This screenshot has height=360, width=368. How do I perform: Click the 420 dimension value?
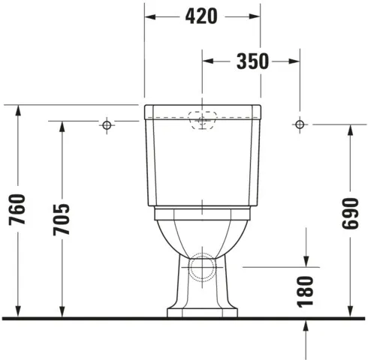[x=202, y=16]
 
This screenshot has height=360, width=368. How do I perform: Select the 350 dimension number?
[x=252, y=61]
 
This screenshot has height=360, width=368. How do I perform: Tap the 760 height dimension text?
[x=18, y=211]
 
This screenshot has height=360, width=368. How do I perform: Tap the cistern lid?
[x=202, y=112]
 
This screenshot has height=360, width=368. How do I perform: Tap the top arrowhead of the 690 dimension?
[x=350, y=129]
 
